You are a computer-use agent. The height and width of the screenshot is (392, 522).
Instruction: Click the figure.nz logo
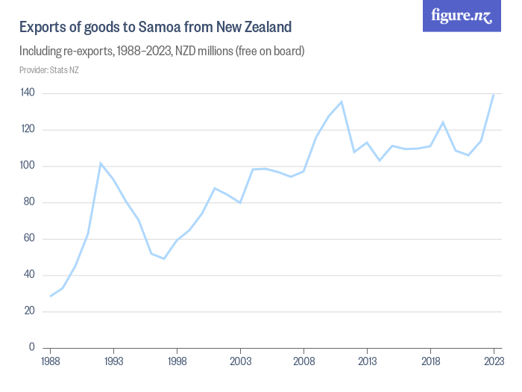coord(462,16)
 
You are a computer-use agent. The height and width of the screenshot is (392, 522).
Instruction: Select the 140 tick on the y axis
coord(28,93)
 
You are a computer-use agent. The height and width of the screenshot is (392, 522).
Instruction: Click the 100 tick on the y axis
coord(28,166)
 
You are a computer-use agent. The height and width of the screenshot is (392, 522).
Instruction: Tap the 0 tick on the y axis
coord(33,348)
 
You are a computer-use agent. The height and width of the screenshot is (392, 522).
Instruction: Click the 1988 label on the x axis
coord(51,361)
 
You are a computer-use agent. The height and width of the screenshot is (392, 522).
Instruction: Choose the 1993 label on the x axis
coord(114,361)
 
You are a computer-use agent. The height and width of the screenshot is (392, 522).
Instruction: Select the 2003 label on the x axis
coord(241,361)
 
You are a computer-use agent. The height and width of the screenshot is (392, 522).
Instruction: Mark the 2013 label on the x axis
coord(368,361)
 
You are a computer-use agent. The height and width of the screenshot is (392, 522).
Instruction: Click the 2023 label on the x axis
coord(494,361)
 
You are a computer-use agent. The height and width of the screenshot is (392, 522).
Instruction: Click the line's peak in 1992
coord(101,163)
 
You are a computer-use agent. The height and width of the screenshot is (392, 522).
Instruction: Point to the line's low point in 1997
coord(164,258)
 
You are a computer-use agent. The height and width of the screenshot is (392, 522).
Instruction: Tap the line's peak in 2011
coord(342,102)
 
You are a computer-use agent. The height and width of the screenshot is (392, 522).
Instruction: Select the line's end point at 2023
coord(494,95)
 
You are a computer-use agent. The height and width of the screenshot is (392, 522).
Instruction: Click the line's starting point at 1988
coord(51,296)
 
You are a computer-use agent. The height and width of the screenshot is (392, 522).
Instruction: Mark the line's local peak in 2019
coord(443,122)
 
